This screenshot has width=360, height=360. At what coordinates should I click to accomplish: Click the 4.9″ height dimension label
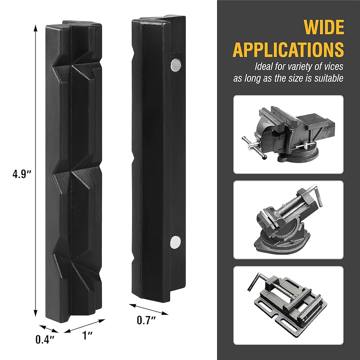22,174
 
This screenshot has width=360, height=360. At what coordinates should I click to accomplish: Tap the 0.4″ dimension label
45,339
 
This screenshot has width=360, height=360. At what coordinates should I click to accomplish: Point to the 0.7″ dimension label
146,320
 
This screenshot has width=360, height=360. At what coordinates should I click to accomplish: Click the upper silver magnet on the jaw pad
176,65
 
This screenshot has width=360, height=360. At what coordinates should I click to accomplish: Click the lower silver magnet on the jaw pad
176,242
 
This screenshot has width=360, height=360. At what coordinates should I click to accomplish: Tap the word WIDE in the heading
324,27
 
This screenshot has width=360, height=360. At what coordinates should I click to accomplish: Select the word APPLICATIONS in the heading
288,50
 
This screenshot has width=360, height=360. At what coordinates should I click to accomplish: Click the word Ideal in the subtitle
264,66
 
